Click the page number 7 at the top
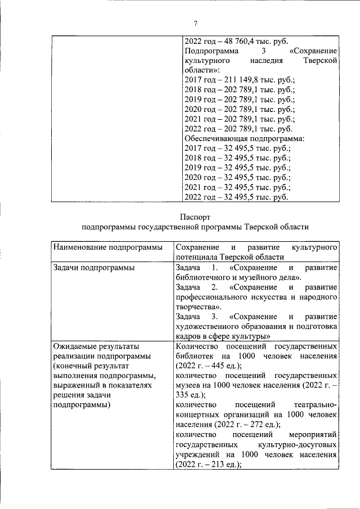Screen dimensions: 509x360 [195, 23]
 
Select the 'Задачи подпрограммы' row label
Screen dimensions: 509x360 [90, 268]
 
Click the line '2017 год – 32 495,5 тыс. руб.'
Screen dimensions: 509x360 [237, 148]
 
